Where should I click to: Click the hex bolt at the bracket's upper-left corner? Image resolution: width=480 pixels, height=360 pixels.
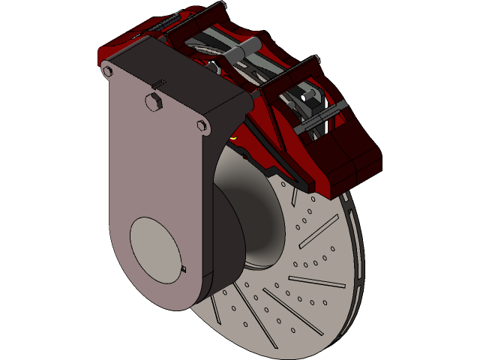(106, 71)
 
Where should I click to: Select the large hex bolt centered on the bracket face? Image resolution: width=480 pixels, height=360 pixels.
(152, 101)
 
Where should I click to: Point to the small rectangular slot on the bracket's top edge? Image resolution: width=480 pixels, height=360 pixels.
(159, 82)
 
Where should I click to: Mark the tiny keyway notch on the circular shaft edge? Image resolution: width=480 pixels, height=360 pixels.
(184, 268)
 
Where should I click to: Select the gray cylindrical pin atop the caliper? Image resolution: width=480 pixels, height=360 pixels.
(235, 54)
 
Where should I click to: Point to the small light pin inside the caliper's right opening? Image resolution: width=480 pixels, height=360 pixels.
(306, 97)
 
